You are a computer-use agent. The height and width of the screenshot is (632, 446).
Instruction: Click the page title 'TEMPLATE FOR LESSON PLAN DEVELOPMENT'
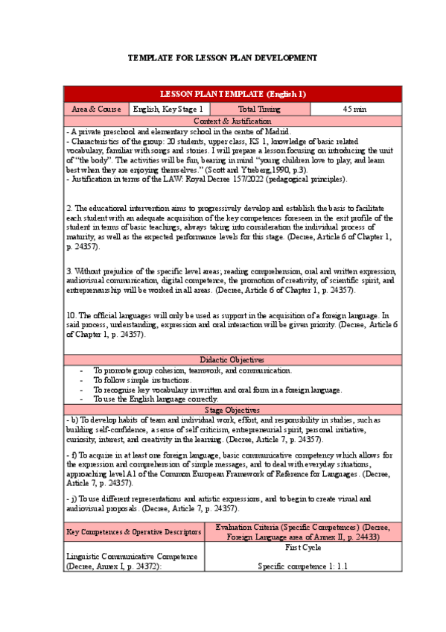[223, 57]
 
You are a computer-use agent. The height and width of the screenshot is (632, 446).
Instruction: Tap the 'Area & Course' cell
[96, 109]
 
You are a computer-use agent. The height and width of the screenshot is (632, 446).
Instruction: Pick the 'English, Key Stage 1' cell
[168, 109]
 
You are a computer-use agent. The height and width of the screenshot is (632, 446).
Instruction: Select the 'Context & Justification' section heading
[233, 121]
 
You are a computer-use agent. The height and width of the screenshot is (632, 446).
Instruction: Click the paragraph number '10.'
[71, 315]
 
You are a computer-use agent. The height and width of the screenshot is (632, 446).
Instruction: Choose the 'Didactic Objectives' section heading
[233, 359]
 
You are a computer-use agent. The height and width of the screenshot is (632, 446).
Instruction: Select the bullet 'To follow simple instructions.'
[141, 380]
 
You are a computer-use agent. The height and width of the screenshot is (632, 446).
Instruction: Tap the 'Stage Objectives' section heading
[233, 410]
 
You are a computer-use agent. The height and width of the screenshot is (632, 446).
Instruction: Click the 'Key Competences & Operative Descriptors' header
[135, 532]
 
